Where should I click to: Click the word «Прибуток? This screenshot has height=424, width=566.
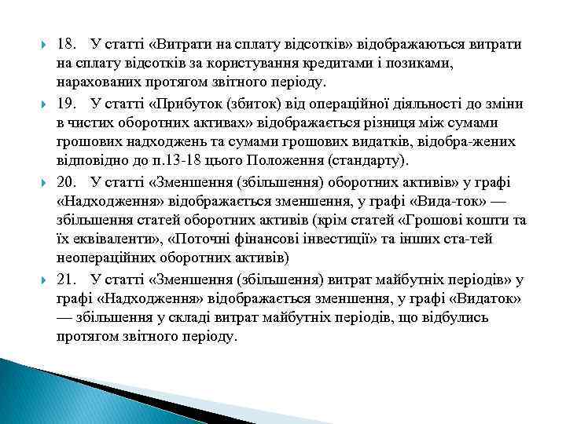click(x=177, y=104)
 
